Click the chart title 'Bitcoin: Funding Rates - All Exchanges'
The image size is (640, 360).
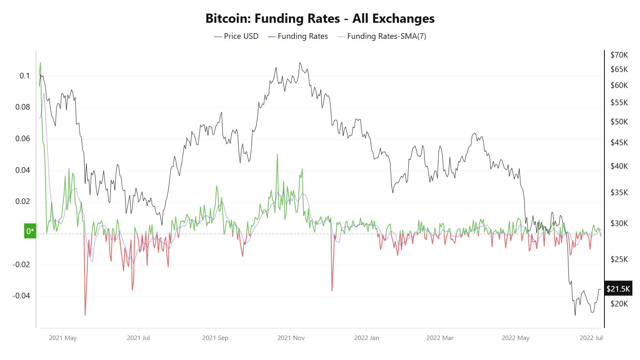[320, 18]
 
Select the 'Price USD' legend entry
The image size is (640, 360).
[236, 36]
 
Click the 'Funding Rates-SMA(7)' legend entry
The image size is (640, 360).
[382, 36]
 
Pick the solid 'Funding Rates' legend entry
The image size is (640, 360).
[298, 36]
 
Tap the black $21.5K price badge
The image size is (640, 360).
[618, 289]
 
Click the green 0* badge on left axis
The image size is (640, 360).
[30, 231]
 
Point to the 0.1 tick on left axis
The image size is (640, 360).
[25, 76]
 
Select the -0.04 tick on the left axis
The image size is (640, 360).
[22, 296]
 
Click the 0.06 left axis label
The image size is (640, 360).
[23, 138]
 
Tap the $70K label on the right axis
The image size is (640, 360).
[619, 55]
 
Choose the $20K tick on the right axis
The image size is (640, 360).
[619, 304]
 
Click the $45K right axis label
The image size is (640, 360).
[619, 142]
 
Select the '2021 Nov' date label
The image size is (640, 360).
[291, 338]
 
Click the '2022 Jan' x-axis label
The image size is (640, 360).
[366, 338]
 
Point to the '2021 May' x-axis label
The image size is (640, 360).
[63, 338]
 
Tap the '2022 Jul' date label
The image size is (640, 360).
[591, 338]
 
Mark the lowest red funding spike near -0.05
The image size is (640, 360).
[85, 315]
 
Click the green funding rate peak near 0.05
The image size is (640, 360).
[277, 155]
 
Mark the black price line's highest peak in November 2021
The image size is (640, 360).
[300, 63]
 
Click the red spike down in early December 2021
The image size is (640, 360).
[332, 290]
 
